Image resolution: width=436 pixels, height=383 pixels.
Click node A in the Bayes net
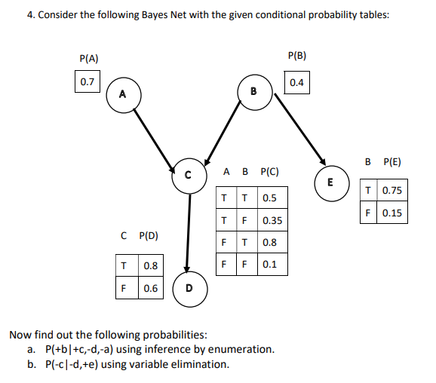coord(122,93)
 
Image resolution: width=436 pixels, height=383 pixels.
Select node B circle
coord(254,92)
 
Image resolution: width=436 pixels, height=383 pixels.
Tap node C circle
coord(189,175)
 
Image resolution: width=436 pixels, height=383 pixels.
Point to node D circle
coord(189,289)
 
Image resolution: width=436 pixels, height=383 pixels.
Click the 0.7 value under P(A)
coord(88,81)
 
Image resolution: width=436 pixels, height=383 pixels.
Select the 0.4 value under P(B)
coord(296,82)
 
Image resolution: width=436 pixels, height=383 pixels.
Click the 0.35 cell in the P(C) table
coord(272,221)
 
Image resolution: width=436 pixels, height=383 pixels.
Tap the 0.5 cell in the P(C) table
coord(269,199)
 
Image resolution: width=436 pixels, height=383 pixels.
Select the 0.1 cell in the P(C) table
coord(270,265)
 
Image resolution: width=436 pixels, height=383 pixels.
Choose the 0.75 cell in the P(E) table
coord(391,191)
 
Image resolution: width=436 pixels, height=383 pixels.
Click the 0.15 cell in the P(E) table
coord(391,213)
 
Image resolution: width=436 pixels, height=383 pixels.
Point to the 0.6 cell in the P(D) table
coord(150,288)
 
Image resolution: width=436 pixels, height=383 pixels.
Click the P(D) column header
coord(148,236)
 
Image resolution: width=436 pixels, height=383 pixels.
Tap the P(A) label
coord(89,58)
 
